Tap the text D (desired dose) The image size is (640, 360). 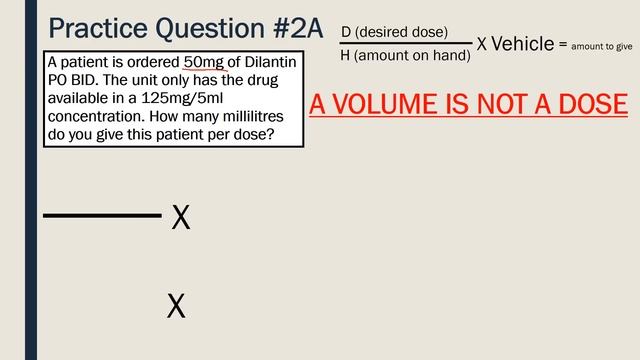click(394, 32)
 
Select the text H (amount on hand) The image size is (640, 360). click(405, 56)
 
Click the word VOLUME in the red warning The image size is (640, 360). click(390, 104)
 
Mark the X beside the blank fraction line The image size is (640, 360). click(181, 217)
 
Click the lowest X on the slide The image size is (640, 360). click(176, 306)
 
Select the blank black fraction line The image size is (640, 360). click(102, 215)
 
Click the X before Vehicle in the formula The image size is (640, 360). click(482, 44)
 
